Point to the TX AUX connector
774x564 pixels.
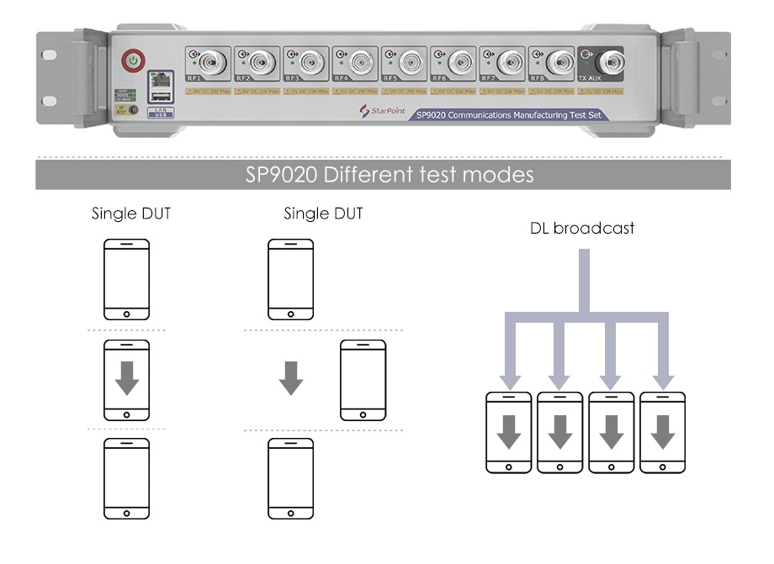[608, 61]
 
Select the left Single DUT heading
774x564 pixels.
[131, 213]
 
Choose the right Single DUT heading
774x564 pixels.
[323, 213]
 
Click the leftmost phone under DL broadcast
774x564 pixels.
[509, 432]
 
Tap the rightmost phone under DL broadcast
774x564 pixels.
[663, 432]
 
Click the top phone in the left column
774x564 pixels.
[126, 280]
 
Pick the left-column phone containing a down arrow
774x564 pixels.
[126, 380]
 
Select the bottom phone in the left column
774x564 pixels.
[126, 477]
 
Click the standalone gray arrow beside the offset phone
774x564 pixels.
[291, 378]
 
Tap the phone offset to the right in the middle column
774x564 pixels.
[363, 380]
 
